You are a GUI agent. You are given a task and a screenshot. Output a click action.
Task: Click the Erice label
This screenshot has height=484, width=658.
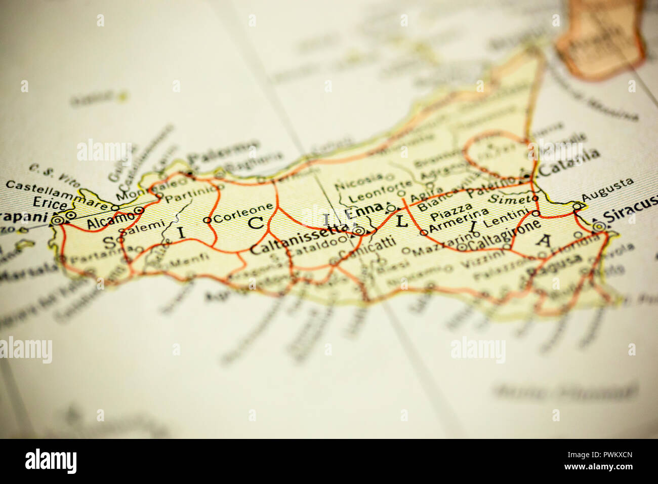(49, 204)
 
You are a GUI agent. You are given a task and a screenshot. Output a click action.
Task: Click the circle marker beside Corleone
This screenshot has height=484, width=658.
(207, 220)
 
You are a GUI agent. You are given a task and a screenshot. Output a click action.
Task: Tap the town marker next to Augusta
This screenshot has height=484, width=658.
(577, 206)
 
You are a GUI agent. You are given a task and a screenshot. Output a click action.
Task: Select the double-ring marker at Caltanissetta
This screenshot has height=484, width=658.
(358, 231)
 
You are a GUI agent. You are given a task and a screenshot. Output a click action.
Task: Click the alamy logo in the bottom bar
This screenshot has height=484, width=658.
(51, 461)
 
